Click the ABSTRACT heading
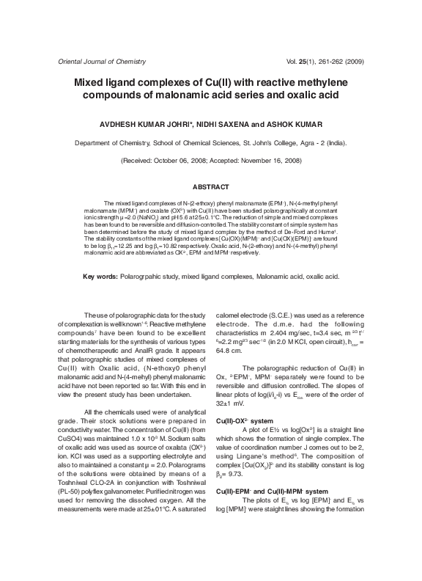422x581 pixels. (x=211, y=187)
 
